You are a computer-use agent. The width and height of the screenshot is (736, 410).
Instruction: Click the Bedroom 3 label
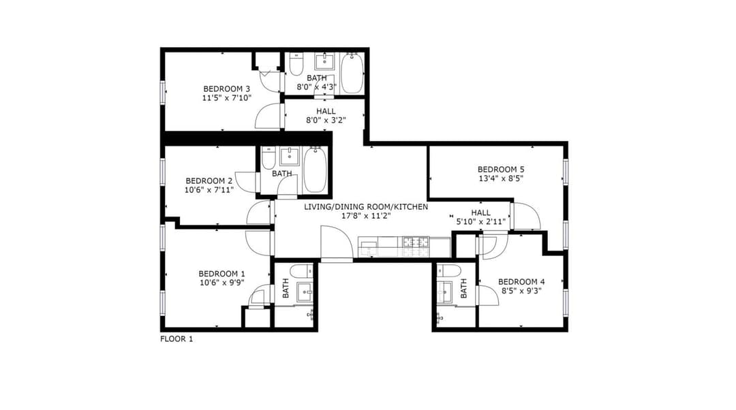tap(226, 89)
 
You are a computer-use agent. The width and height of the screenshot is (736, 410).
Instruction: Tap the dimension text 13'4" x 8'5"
tap(501, 178)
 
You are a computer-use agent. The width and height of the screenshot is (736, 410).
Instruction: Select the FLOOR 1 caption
tap(177, 338)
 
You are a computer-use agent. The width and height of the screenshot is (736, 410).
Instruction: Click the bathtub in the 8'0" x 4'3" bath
tap(352, 73)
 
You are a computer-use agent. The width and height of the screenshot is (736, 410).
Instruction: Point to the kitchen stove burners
tap(416, 242)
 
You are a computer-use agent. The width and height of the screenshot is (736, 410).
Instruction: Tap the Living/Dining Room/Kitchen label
tap(366, 206)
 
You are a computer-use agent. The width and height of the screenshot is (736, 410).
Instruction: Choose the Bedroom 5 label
tap(501, 170)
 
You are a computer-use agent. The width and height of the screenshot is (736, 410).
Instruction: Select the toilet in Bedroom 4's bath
tap(448, 270)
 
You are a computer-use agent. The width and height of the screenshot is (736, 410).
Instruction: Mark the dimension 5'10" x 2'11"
tap(480, 221)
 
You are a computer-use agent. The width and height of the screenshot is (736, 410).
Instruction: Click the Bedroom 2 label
tap(209, 180)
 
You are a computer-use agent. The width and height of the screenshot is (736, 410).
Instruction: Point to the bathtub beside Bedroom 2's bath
tap(315, 170)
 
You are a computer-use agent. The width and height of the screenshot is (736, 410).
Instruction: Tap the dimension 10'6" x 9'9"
tap(222, 283)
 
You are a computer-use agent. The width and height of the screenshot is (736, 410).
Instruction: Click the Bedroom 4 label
tap(521, 281)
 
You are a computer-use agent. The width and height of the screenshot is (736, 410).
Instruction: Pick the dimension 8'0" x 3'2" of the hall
tap(326, 120)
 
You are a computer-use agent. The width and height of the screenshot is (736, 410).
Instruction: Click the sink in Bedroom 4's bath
tap(444, 291)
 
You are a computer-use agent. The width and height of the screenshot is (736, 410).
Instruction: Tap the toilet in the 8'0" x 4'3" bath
tap(296, 65)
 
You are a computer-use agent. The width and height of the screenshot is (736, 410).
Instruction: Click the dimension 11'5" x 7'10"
tap(227, 97)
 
